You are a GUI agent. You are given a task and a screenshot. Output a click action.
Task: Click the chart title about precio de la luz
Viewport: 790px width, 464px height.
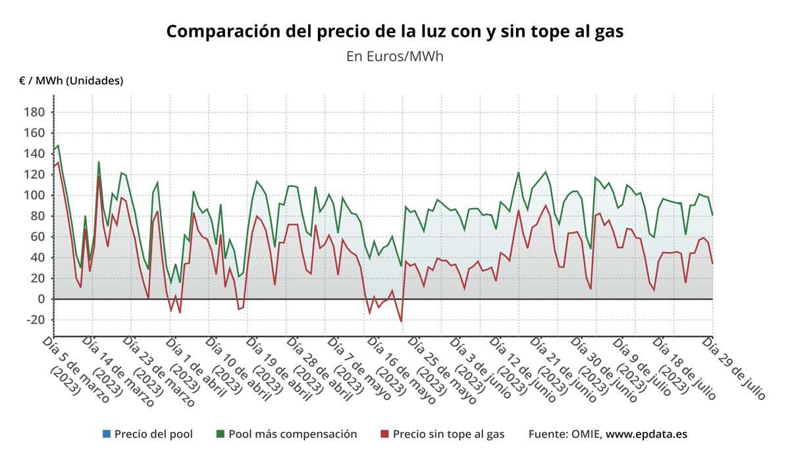(x=394, y=31)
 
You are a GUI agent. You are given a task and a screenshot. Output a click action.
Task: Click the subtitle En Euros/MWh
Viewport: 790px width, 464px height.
(x=394, y=56)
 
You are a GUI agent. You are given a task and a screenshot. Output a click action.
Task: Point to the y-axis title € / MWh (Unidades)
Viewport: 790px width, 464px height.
(x=71, y=80)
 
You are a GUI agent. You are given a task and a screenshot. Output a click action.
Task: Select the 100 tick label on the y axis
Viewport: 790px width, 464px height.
(x=36, y=195)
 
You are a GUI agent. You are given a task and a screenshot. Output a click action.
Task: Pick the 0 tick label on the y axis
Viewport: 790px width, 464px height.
(x=41, y=299)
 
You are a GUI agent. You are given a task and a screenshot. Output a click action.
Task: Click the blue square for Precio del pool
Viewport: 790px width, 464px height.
(x=106, y=434)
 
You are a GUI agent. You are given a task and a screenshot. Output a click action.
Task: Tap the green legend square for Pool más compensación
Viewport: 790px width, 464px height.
(x=221, y=434)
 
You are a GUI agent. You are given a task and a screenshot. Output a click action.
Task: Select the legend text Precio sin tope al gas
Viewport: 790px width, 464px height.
(x=448, y=434)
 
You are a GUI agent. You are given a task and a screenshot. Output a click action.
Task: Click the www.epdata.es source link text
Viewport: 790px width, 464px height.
(x=646, y=434)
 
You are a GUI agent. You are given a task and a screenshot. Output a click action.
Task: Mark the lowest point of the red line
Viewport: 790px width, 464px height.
(x=401, y=321)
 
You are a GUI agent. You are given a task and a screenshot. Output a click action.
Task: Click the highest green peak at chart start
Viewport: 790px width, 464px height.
(x=58, y=145)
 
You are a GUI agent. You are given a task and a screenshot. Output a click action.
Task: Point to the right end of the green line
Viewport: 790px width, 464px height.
(x=712, y=215)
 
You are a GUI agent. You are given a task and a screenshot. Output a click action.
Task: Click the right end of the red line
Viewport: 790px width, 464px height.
(x=712, y=263)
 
